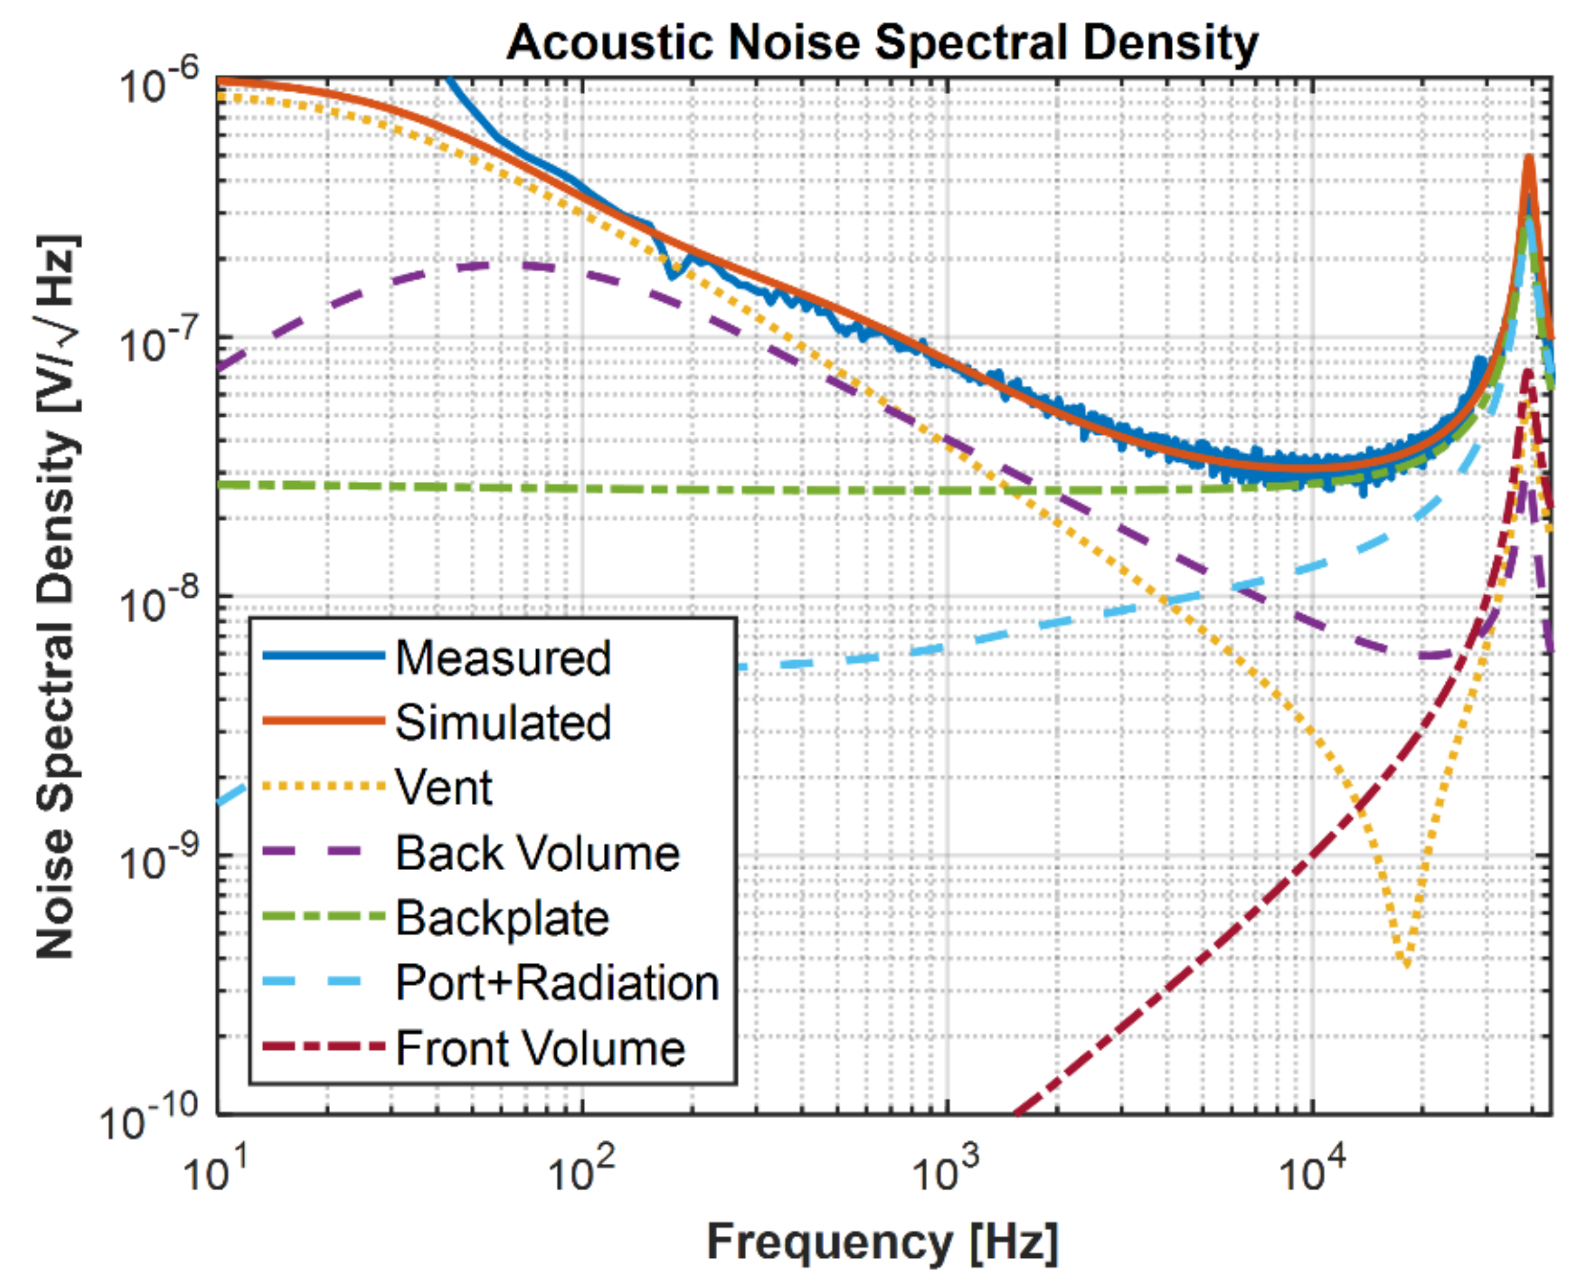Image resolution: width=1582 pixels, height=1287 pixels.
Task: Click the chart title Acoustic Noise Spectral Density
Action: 882,43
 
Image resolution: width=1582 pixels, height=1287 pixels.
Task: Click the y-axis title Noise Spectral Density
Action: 56,597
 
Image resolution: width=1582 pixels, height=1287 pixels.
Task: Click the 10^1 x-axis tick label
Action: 217,1171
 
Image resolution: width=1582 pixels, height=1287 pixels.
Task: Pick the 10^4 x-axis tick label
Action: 1312,1171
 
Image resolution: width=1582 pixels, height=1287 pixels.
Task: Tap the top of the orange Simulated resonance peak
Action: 1528,158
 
